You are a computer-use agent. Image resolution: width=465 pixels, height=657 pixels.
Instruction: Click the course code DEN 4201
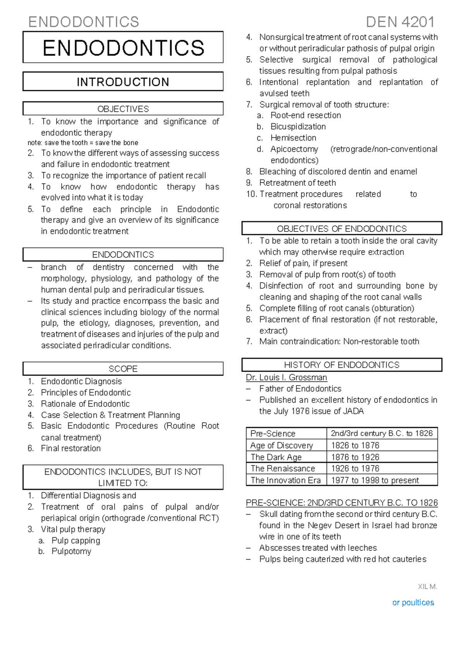click(x=400, y=22)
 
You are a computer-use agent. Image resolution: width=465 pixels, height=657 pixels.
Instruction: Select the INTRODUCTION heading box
click(x=123, y=82)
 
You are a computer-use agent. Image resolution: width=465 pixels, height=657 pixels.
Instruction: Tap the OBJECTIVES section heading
click(x=123, y=109)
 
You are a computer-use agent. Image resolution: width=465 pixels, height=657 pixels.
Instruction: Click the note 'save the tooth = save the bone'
click(x=83, y=142)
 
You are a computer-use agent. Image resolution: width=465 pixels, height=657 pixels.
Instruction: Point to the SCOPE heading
click(x=123, y=369)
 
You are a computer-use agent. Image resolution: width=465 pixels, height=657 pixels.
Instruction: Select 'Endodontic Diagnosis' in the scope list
click(x=81, y=381)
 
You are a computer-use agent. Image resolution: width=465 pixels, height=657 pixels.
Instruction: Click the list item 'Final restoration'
click(x=71, y=448)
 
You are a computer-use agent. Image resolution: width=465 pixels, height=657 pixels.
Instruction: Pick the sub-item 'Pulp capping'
click(x=76, y=540)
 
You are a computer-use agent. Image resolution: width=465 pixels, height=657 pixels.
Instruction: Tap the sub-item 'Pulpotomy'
click(x=71, y=551)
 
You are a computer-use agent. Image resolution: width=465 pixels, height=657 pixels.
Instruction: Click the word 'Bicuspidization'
click(x=298, y=127)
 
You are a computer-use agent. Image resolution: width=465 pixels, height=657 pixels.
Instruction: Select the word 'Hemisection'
click(x=293, y=138)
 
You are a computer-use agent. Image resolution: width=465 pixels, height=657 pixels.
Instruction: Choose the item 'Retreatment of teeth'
click(x=298, y=183)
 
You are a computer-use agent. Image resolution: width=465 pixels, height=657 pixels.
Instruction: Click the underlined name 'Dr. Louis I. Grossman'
click(x=286, y=377)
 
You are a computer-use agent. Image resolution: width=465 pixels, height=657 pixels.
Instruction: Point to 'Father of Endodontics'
click(x=300, y=389)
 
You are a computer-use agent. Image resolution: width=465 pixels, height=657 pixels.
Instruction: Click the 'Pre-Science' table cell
click(x=273, y=434)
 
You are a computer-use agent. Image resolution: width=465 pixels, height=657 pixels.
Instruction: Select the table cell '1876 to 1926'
click(x=355, y=457)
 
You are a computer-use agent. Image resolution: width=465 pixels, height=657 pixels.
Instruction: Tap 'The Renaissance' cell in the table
click(x=283, y=468)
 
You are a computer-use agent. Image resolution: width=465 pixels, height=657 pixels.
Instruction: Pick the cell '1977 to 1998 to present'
click(x=375, y=480)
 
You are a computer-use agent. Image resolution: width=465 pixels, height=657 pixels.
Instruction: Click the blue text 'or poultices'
click(x=413, y=603)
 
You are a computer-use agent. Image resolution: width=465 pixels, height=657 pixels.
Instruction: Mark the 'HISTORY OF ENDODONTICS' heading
click(x=341, y=365)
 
